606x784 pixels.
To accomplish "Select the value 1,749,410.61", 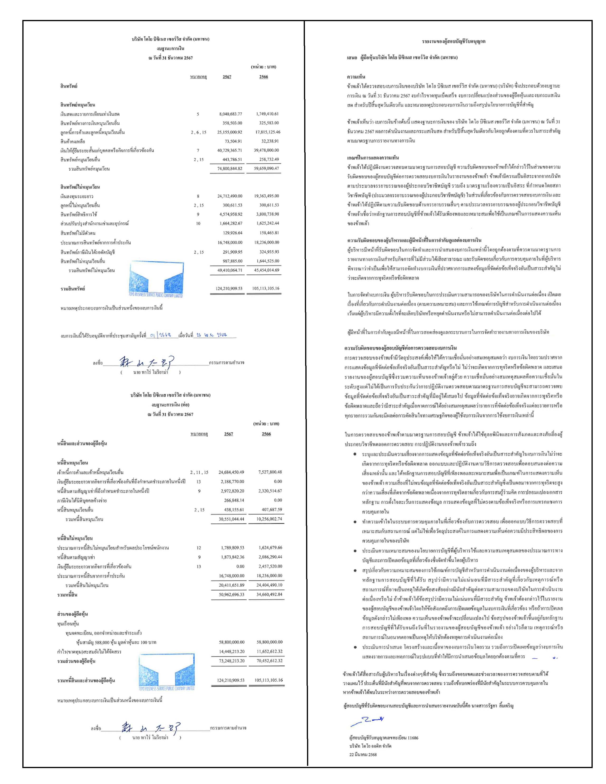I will click(267, 114).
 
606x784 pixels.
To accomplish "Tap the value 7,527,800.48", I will click(270, 472).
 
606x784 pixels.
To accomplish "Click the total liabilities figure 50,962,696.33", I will click(231, 594).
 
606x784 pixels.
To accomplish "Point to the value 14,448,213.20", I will click(231, 651).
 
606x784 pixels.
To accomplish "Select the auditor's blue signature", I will click(367, 720).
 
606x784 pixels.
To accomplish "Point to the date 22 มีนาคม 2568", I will click(363, 754).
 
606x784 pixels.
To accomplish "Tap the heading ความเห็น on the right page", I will click(356, 76).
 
